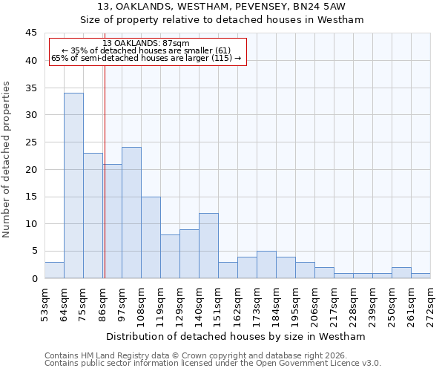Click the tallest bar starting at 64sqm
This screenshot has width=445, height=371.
[x=73, y=185]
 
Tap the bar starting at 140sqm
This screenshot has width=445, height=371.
[x=208, y=246]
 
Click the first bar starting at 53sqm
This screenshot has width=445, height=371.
[x=54, y=270]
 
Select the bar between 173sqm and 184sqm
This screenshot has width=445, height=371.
[x=266, y=265]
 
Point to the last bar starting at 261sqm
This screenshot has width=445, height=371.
[x=421, y=275]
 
